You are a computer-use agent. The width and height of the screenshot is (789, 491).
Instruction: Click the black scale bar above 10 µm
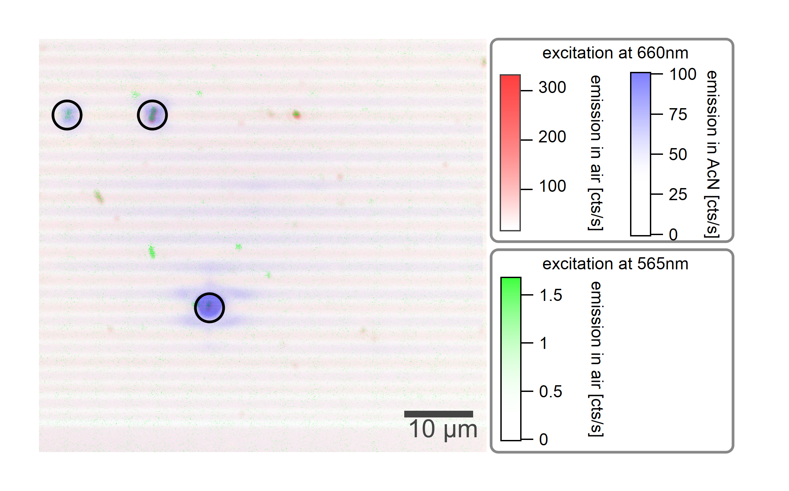(x=438, y=414)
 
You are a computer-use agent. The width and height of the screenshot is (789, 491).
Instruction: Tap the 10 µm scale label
(x=443, y=429)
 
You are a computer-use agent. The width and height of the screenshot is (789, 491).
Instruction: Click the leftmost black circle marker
(x=67, y=115)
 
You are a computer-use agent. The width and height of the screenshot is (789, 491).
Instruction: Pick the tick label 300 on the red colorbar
(x=552, y=87)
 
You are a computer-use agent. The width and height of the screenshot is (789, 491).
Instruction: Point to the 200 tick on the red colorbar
(x=552, y=137)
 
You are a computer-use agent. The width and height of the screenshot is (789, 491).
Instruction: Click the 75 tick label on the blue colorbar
(x=678, y=115)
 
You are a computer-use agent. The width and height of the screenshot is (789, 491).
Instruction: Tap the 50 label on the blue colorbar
(x=678, y=154)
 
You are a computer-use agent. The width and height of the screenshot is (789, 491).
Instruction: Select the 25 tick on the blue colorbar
(x=678, y=194)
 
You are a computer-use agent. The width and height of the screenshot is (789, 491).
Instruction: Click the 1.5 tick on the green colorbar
(x=550, y=295)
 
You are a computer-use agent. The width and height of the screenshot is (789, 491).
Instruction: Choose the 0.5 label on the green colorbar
(x=550, y=392)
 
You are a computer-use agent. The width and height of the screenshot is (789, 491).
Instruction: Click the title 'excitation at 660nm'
(x=615, y=53)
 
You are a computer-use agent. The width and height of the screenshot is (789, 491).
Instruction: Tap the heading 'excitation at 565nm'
(x=615, y=264)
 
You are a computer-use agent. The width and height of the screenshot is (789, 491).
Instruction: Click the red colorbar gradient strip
(x=510, y=153)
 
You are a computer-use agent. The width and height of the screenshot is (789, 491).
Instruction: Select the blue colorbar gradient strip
(x=640, y=154)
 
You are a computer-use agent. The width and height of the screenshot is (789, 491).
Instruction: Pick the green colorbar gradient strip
(x=511, y=359)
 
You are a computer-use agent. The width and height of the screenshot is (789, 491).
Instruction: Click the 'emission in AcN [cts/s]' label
(x=712, y=154)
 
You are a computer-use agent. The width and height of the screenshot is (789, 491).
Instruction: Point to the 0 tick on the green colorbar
(x=543, y=440)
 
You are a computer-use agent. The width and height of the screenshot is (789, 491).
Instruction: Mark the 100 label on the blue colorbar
(x=682, y=74)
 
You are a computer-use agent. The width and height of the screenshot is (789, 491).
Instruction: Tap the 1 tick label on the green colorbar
(x=543, y=344)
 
